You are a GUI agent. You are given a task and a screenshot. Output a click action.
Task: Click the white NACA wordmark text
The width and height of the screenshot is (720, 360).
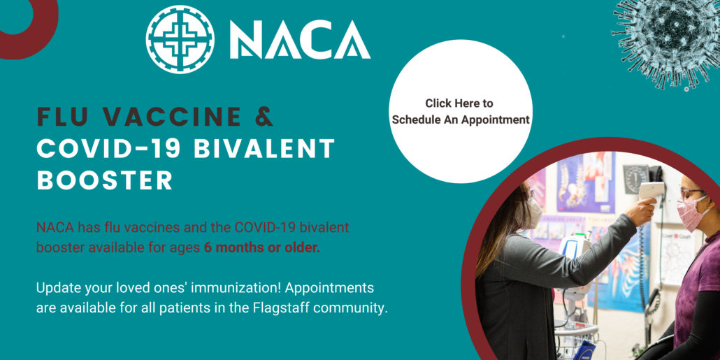(x=299, y=40)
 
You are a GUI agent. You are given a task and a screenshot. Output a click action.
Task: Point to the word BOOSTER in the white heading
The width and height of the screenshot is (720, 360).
(x=104, y=180)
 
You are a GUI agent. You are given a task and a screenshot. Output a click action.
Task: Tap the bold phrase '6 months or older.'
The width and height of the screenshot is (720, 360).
(x=262, y=247)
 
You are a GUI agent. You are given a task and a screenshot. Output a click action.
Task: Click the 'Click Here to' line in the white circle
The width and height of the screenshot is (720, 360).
(x=459, y=103)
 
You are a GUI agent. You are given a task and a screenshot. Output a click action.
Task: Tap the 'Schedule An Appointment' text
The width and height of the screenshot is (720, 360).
(x=461, y=120)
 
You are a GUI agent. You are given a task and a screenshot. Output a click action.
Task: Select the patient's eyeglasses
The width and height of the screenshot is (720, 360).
(x=688, y=194)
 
